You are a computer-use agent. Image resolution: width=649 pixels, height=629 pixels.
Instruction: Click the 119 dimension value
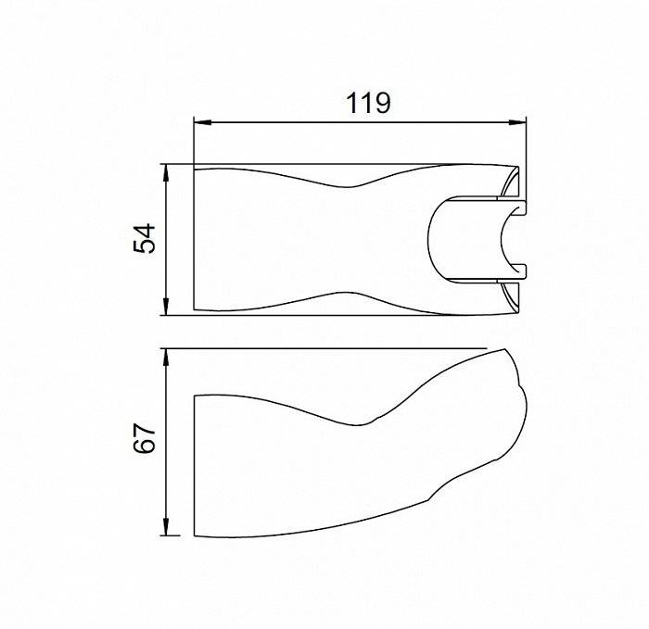click(368, 103)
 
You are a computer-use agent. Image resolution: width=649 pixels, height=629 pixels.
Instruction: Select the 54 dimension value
click(145, 239)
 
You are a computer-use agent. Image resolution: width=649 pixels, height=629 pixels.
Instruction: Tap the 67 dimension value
click(145, 439)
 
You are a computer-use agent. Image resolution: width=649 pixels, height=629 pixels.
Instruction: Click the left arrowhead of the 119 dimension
click(203, 122)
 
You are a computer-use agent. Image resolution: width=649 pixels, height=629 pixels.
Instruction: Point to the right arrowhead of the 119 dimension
click(517, 122)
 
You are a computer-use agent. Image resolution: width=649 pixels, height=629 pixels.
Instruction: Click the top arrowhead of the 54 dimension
click(166, 173)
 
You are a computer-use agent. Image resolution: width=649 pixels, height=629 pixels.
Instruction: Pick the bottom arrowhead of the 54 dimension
click(166, 307)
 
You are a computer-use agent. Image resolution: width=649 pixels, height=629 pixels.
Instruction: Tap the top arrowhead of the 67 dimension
click(166, 358)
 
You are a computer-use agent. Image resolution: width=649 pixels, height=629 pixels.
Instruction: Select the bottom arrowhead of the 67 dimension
click(166, 526)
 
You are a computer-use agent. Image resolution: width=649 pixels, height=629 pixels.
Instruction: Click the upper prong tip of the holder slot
click(525, 208)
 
